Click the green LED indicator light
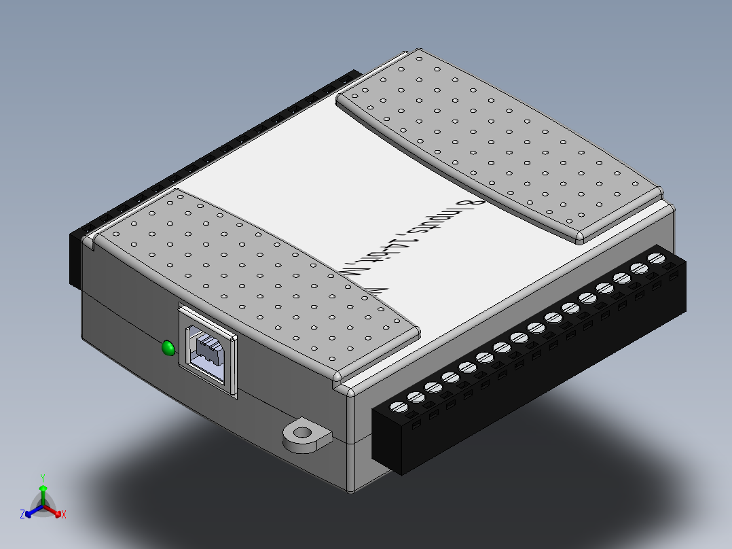pos(167,349)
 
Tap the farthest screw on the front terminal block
pos(656,258)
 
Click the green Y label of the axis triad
pos(42,478)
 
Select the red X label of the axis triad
pos(63,515)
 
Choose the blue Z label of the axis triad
pos(22,515)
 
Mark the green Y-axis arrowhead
pos(43,489)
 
